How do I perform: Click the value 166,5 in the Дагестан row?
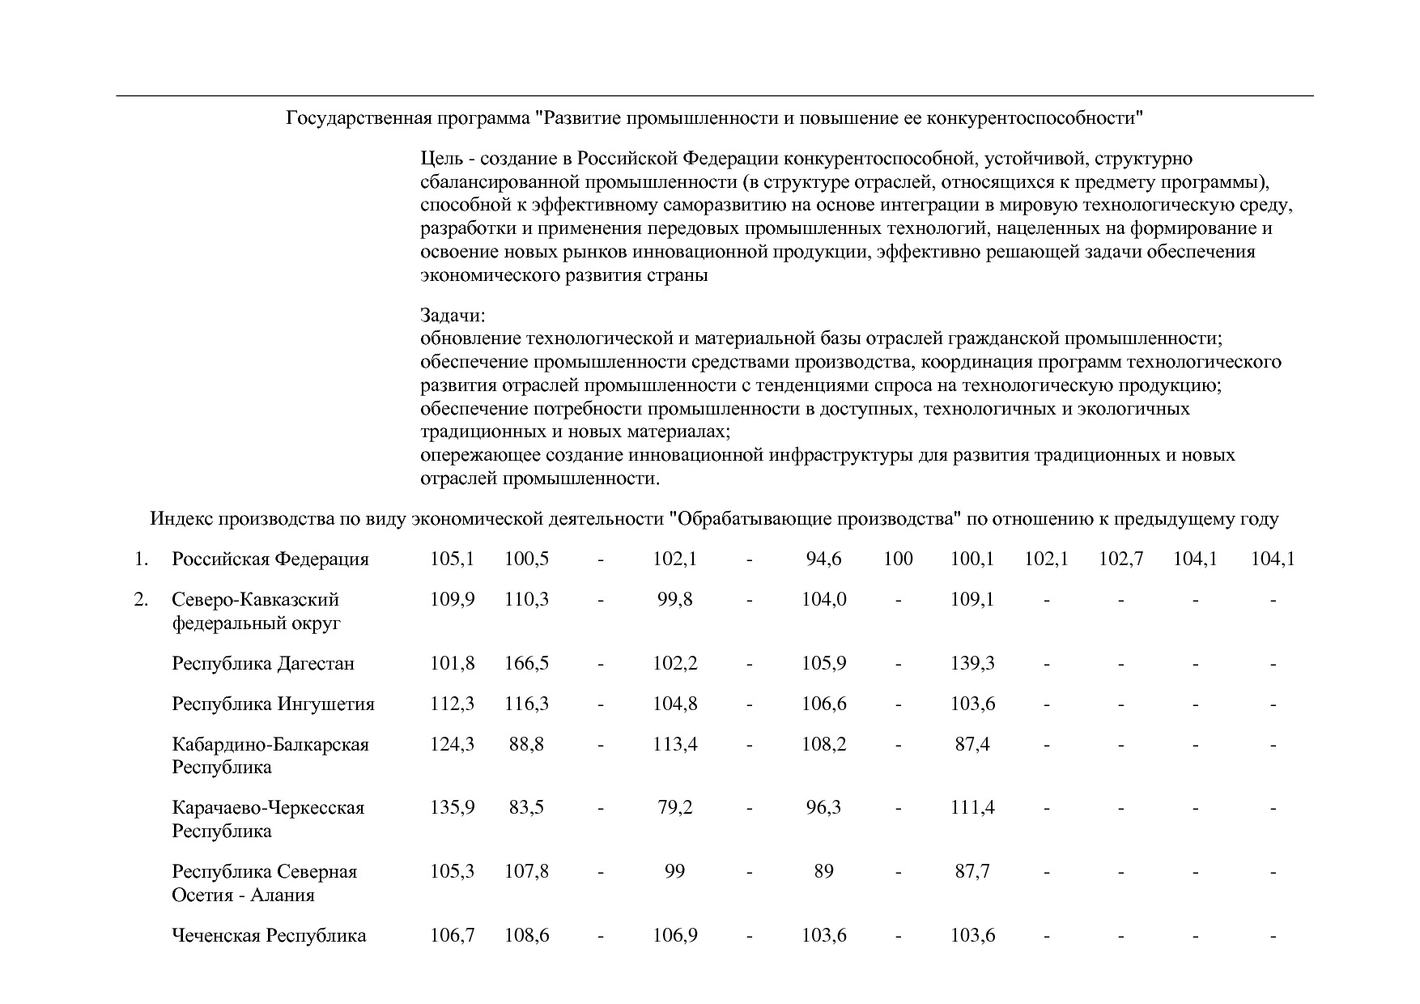526,664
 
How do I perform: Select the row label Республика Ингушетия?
273,704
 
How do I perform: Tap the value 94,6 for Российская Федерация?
823,559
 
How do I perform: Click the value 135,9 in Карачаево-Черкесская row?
452,808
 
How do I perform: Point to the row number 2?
141,600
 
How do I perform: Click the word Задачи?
453,315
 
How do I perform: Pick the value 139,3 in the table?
972,664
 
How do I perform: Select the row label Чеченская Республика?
269,936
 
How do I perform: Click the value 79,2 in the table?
674,808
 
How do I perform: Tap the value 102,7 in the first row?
1120,559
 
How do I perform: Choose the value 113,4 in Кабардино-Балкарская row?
674,744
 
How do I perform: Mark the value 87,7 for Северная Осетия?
972,872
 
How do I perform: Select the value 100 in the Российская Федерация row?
898,559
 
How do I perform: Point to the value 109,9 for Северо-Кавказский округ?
452,600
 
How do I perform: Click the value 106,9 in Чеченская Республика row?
674,936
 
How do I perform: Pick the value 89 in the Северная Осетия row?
823,872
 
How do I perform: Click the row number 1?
141,559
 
